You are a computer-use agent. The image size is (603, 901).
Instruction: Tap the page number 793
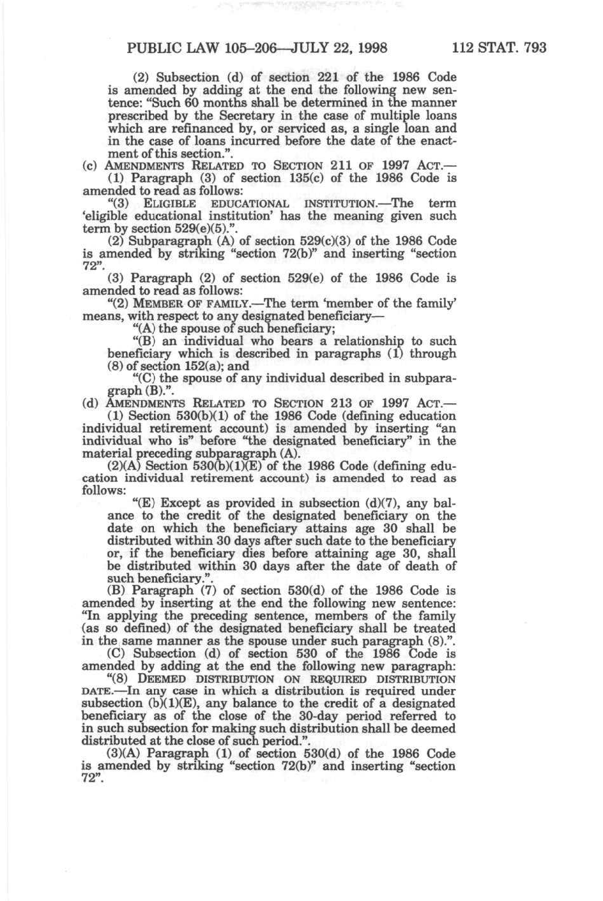point(533,48)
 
